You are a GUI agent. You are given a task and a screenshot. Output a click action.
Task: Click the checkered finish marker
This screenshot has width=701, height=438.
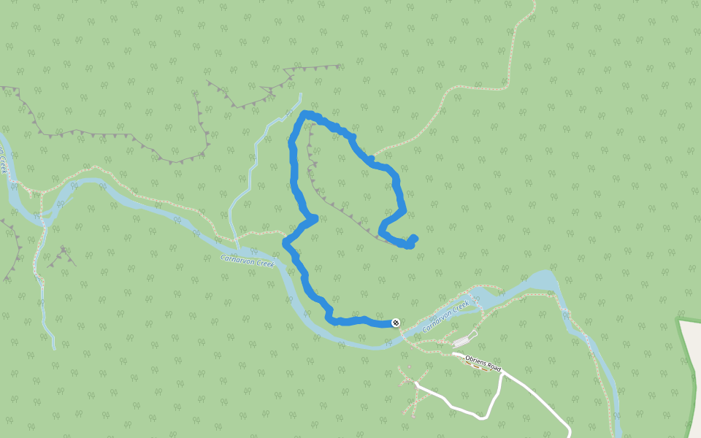pos(396,323)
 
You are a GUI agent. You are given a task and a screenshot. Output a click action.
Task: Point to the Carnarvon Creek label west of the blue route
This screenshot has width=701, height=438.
pos(247,260)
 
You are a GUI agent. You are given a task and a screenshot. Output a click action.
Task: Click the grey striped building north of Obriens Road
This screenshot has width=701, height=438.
pos(462,341)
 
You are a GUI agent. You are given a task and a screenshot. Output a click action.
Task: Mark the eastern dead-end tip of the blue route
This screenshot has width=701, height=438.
pos(414,237)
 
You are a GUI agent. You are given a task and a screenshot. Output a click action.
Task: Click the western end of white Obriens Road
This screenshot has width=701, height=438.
pos(453,355)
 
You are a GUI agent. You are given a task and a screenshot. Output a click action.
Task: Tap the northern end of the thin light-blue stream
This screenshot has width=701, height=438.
pos(299,94)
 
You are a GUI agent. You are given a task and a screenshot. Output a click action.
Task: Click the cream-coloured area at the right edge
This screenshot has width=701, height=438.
pos(689,380)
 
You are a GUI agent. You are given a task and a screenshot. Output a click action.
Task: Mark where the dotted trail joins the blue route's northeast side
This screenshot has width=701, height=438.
pos(372,158)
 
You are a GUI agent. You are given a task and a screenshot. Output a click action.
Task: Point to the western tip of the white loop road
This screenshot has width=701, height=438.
pos(416,383)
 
